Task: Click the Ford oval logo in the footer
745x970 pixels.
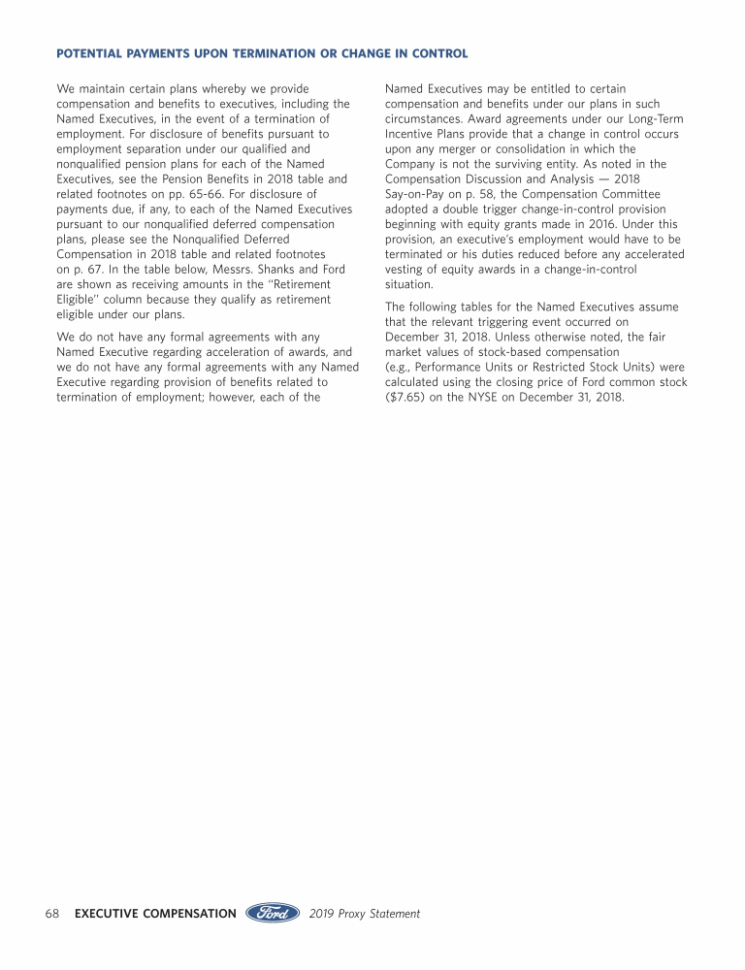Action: point(273,913)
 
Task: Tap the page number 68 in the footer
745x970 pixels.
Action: point(52,914)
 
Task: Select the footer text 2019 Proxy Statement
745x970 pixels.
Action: point(365,914)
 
